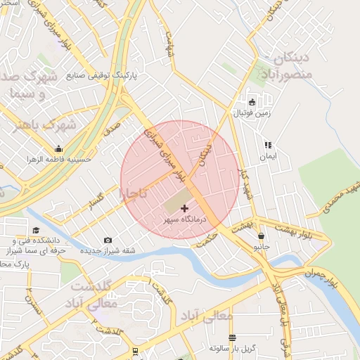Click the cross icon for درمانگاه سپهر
[185, 208]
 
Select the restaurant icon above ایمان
[267, 145]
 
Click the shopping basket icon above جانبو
[262, 236]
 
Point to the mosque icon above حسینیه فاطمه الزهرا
[58, 148]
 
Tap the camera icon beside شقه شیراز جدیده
[108, 240]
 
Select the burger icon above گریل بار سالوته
[232, 337]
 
